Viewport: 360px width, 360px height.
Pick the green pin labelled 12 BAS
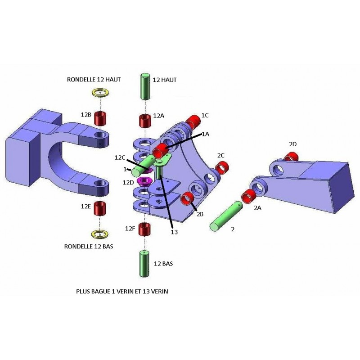click(x=144, y=263)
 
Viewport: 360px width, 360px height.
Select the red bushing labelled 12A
click(x=145, y=121)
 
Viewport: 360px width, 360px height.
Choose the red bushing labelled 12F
click(x=145, y=229)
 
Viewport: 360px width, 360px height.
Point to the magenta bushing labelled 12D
click(x=144, y=181)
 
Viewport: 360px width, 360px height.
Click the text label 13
click(x=174, y=232)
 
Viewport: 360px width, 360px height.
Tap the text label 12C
click(x=119, y=157)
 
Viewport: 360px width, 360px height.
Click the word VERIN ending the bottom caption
click(x=160, y=292)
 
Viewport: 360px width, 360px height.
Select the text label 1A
click(x=205, y=134)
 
